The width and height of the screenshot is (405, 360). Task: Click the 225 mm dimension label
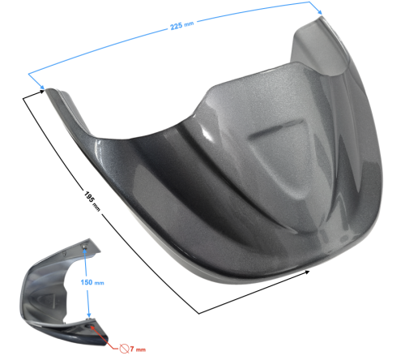(x=181, y=25)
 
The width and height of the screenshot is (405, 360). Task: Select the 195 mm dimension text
(x=92, y=201)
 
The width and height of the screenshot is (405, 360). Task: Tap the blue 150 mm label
(x=92, y=282)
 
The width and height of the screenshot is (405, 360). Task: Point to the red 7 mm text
(x=138, y=349)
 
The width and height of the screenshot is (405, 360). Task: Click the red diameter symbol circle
(x=124, y=349)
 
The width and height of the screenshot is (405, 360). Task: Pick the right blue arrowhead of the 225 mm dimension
(x=319, y=11)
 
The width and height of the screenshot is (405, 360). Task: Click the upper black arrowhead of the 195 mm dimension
(x=41, y=92)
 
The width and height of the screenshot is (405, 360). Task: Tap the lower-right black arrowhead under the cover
(x=306, y=272)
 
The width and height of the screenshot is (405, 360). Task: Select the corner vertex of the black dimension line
(x=199, y=314)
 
